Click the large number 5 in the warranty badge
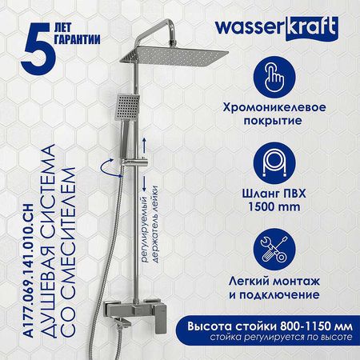coord(39,49)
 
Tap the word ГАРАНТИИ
coord(78,40)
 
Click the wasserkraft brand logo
coord(277,28)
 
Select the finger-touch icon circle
coord(274,78)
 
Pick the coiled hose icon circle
coord(274,163)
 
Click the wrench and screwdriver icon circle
coord(274,250)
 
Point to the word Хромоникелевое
coord(274,107)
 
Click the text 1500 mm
coord(274,206)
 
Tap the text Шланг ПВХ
coord(274,194)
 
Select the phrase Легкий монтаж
coord(274,282)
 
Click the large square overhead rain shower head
coord(174,57)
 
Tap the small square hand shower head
coord(128,107)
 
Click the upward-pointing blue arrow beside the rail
coord(144,146)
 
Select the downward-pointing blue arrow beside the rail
coord(144,183)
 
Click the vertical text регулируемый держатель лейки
coord(150,224)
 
